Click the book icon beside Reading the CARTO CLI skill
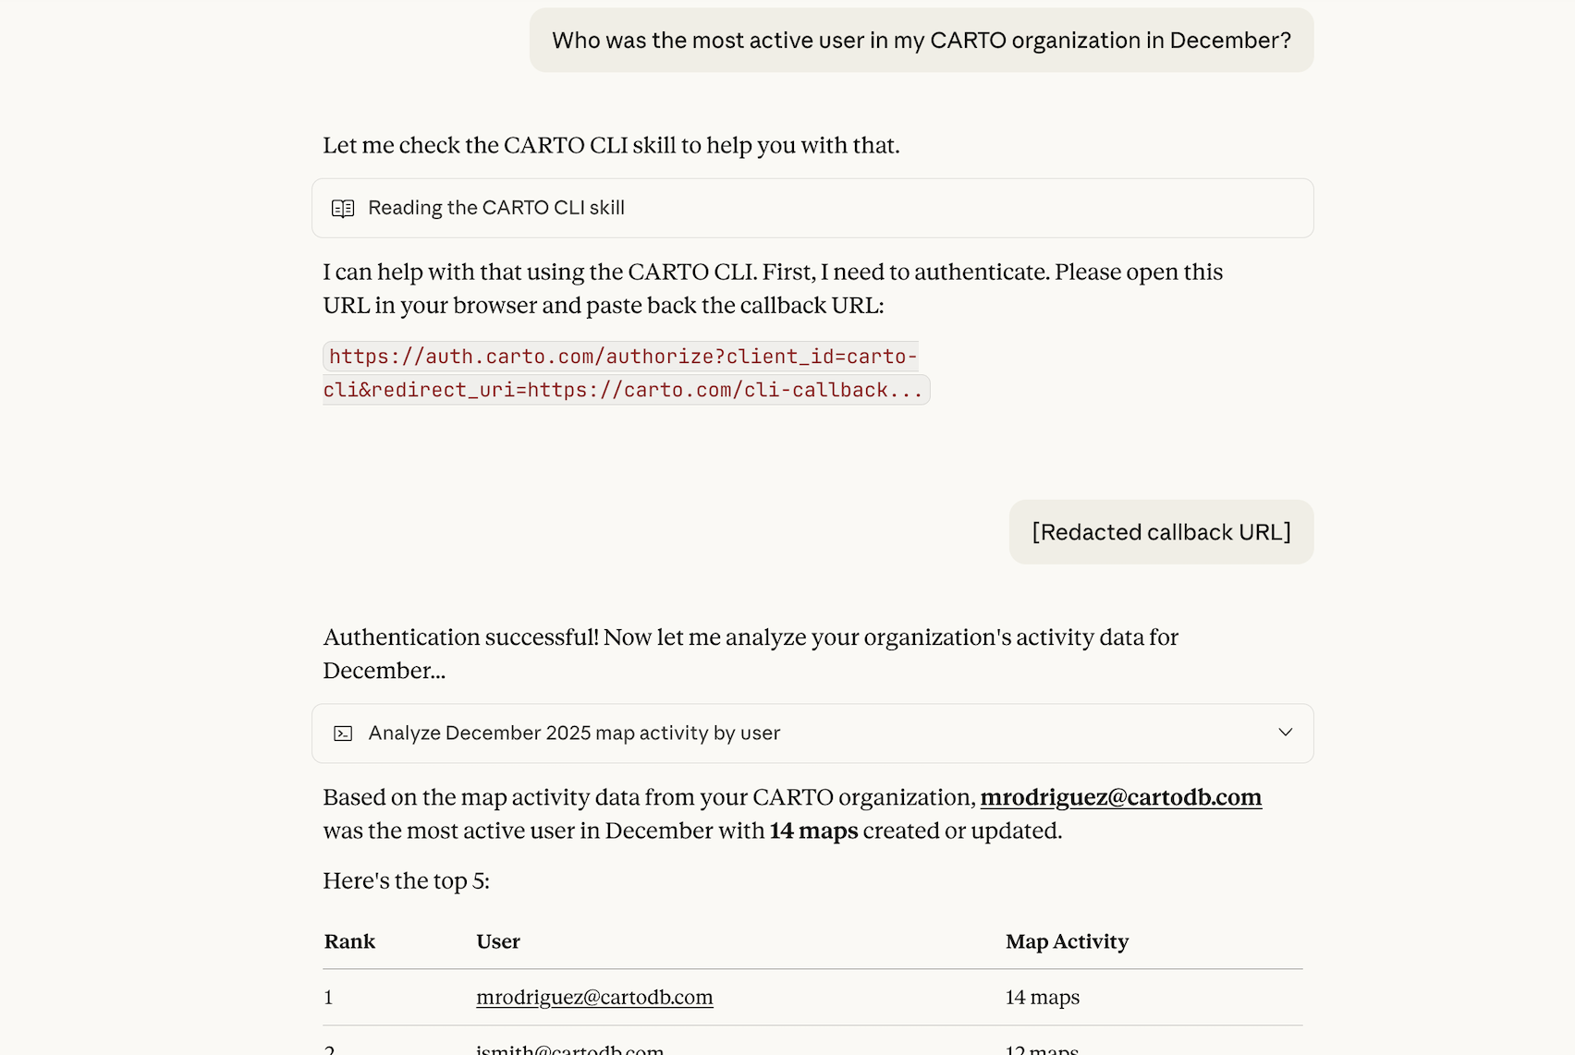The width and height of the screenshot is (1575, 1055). (x=343, y=209)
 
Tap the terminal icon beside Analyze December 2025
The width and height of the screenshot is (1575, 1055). (x=343, y=734)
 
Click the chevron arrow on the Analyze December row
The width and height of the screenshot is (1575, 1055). (x=1285, y=733)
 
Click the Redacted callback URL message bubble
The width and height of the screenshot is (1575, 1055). (x=1161, y=532)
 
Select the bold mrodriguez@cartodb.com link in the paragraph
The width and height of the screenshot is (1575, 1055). (x=1120, y=797)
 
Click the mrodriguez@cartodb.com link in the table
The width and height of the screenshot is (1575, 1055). (x=594, y=998)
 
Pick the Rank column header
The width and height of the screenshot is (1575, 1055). (x=349, y=941)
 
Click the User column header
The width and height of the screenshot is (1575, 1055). (x=498, y=941)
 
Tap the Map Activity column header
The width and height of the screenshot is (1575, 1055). (x=1067, y=941)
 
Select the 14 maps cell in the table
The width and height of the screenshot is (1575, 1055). (x=1042, y=998)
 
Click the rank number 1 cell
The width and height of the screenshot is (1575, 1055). (x=329, y=998)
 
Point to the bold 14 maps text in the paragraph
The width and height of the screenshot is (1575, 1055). (x=813, y=831)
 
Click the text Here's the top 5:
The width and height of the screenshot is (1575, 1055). (x=406, y=881)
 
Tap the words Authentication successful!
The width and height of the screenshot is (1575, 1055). (x=460, y=637)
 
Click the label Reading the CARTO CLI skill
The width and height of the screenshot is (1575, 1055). (x=496, y=208)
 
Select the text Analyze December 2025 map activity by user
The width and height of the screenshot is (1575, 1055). (x=574, y=734)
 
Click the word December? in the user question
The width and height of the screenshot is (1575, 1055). (x=1229, y=41)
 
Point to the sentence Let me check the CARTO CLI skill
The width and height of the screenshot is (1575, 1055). (x=610, y=146)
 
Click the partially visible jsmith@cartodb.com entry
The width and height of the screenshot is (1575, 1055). (x=569, y=1049)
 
